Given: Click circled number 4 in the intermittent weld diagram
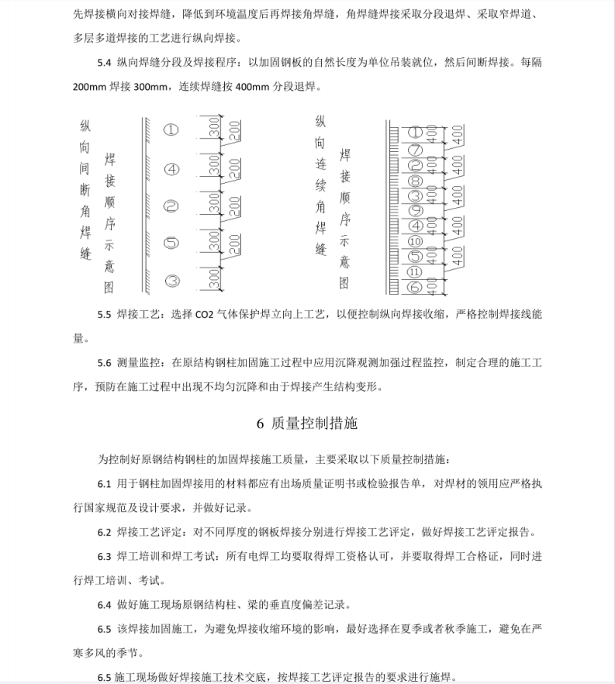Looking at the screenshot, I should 171,168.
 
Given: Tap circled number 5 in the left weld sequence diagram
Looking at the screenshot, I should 171,243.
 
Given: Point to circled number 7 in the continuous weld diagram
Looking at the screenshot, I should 415,149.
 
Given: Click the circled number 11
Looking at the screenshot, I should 415,271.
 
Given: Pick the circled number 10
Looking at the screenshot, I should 415,241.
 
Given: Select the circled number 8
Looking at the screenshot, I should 415,180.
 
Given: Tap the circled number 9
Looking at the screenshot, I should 415,210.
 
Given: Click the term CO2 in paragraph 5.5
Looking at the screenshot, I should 192,316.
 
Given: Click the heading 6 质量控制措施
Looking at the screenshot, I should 307,423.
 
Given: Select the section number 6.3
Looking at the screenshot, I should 105,556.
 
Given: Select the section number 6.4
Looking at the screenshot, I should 105,605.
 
